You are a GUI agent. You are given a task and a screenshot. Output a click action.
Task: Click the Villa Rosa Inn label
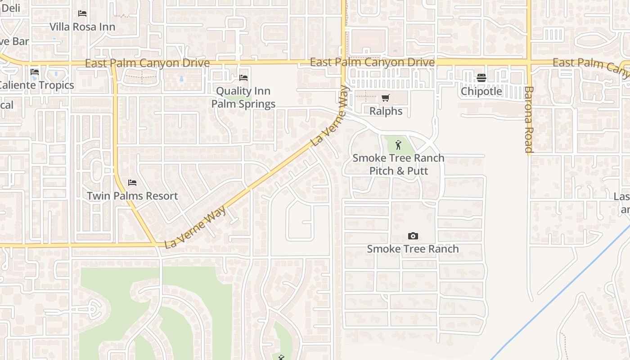[82, 27]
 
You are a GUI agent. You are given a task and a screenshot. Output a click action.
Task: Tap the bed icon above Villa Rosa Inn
[82, 13]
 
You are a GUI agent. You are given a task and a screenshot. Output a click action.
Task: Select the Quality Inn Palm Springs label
[243, 98]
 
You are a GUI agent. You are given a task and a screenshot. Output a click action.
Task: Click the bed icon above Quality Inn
[243, 78]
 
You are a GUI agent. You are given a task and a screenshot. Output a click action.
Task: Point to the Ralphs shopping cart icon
[386, 98]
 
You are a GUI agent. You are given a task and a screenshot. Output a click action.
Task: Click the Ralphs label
[386, 111]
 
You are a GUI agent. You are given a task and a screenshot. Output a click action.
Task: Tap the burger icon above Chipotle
[481, 78]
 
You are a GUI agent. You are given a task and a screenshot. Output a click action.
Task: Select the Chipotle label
[481, 91]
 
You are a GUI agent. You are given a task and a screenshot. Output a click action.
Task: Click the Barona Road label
[528, 120]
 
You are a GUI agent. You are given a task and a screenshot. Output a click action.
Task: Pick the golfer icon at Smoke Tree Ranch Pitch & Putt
[398, 145]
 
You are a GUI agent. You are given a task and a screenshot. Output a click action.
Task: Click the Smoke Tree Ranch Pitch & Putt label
[398, 164]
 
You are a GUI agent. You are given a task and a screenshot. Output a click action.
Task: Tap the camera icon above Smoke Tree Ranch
[413, 236]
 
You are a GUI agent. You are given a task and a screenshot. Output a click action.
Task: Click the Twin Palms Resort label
[132, 196]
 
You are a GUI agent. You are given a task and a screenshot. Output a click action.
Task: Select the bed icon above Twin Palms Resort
[132, 183]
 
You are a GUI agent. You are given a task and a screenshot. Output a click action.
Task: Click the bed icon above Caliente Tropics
[35, 72]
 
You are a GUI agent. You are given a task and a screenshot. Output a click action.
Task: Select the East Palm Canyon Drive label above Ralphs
[372, 62]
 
